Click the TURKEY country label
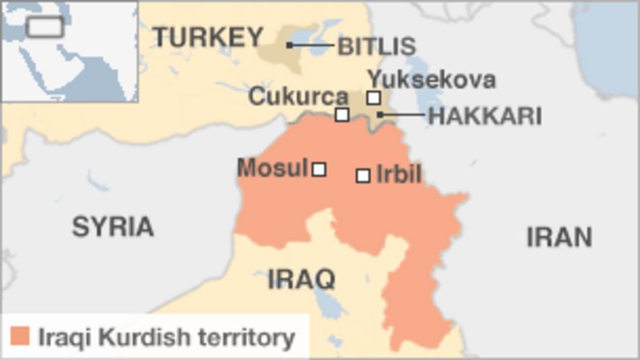(x=207, y=38)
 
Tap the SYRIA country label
(x=113, y=226)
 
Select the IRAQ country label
(x=301, y=279)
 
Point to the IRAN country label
(x=559, y=237)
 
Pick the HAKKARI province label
(x=485, y=116)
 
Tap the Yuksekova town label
(x=431, y=79)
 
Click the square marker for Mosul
(x=319, y=169)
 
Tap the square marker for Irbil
(x=363, y=175)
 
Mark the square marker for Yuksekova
(x=374, y=98)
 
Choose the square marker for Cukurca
(x=342, y=114)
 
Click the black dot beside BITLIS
(x=290, y=45)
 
